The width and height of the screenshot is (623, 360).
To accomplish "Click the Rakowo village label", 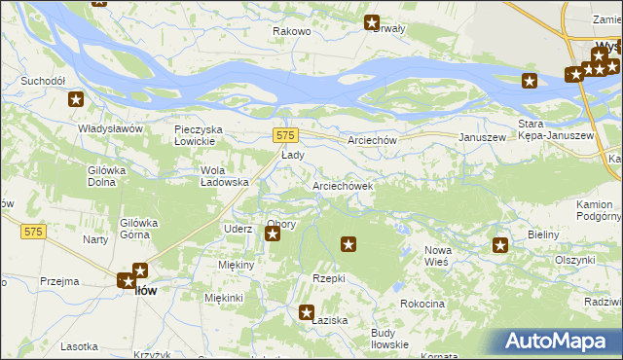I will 291,32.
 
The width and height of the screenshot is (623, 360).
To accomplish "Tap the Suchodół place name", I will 47,81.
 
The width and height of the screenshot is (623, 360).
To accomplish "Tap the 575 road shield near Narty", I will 34,231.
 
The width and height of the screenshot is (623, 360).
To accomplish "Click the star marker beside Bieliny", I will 500,246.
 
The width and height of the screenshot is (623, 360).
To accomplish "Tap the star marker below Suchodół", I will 76,99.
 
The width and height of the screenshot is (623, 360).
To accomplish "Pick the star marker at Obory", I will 273,234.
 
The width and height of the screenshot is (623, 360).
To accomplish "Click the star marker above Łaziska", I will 307,312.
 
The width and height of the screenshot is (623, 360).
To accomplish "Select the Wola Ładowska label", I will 225,175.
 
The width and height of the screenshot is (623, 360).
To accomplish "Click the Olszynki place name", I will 574,260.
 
